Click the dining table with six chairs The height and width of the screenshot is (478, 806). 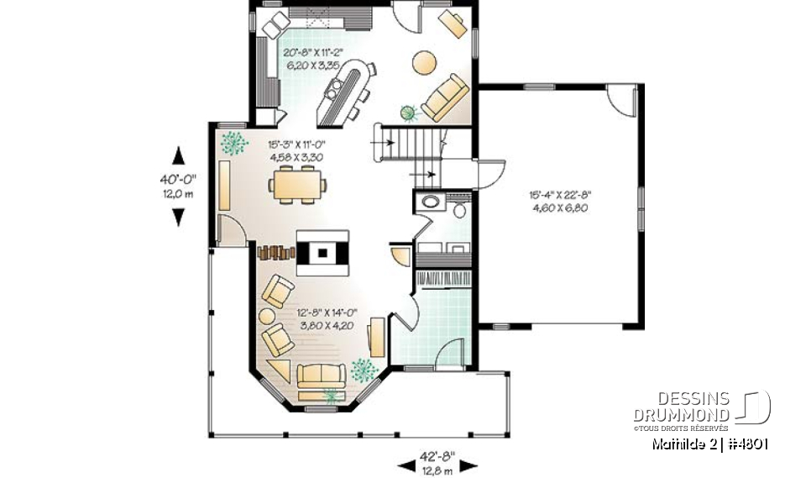(x=297, y=184)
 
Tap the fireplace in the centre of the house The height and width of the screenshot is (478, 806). (x=322, y=251)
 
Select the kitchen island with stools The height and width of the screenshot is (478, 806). (x=344, y=88)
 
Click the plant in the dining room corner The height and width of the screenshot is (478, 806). (x=234, y=142)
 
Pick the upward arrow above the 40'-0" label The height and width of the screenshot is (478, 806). (x=178, y=156)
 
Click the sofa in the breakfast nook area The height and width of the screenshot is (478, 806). (x=446, y=98)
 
